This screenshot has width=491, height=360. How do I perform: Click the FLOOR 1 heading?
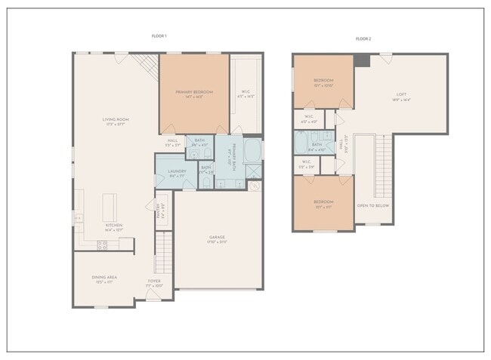(159, 35)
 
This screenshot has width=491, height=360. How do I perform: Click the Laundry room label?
(177, 172)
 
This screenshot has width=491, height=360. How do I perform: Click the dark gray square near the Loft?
(363, 60)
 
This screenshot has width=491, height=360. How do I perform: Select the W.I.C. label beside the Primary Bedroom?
(246, 94)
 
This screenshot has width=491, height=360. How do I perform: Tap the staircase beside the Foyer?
(164, 253)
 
